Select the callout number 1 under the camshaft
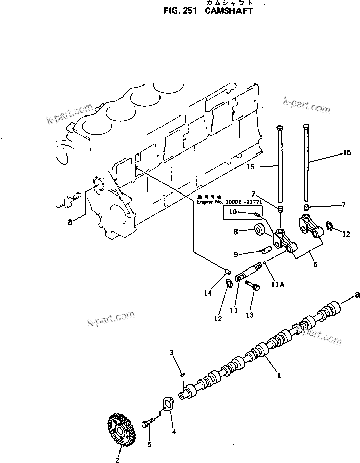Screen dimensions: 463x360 click(x=278, y=376)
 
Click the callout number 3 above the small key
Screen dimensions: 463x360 click(x=172, y=352)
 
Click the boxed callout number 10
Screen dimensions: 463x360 click(x=232, y=212)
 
